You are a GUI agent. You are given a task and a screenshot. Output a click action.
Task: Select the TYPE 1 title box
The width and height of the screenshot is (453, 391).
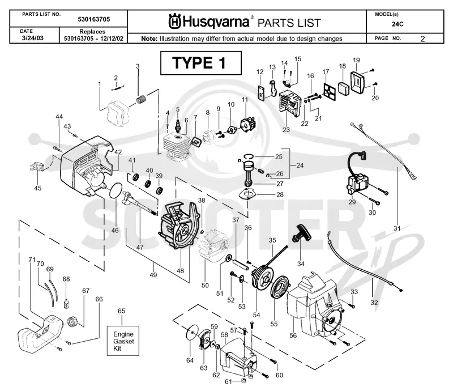pos(201,63)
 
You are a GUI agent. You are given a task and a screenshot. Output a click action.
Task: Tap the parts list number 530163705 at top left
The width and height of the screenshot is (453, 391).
pos(94,19)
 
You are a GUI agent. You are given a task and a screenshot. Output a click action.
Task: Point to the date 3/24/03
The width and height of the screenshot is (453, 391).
pos(33,38)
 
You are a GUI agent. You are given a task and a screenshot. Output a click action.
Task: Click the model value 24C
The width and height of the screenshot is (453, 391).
pos(398,24)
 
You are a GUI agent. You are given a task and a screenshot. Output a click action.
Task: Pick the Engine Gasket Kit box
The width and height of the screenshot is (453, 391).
pos(123,341)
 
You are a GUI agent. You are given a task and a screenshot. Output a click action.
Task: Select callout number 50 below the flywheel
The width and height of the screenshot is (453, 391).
pos(205,285)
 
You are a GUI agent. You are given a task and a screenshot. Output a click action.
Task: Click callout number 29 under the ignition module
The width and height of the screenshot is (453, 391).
pos(352,202)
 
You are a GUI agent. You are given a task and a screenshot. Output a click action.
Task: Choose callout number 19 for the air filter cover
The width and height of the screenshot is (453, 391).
pos(356,60)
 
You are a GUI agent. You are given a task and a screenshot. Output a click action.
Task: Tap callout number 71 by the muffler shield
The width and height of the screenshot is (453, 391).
pos(32,260)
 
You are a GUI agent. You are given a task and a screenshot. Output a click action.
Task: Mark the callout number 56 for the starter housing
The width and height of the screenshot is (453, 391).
pos(293,335)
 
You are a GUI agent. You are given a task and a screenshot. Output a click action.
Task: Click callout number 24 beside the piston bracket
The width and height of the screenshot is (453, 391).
pos(300,165)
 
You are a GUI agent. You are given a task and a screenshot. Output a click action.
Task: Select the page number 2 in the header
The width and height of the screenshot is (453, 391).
pos(422,39)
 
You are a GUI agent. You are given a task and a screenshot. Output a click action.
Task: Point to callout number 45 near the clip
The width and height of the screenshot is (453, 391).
pos(38,188)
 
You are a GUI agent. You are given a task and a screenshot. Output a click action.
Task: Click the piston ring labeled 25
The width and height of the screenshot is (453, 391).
pos(247,156)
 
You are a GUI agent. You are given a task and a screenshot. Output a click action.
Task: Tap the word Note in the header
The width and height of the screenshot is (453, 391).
pos(149,39)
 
